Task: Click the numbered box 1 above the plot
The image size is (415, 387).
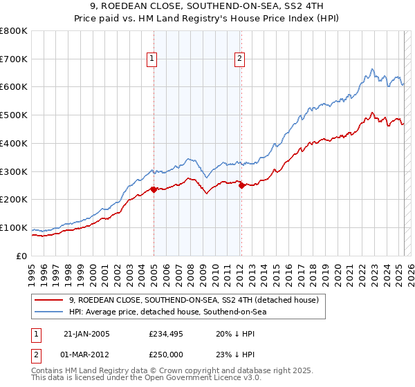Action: point(151,59)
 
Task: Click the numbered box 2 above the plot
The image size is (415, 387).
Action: point(239,59)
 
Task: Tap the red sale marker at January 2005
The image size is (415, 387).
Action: point(154,189)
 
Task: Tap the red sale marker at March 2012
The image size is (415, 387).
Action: point(241,185)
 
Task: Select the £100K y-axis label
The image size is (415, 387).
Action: point(15,227)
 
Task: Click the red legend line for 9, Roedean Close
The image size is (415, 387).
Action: point(49,300)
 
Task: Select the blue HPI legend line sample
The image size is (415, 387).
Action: point(49,312)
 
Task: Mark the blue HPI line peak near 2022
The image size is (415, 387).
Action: point(372,69)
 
